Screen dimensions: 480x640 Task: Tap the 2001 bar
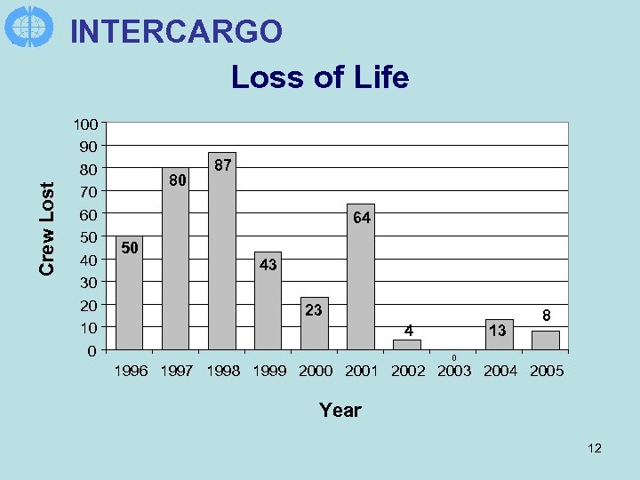(361, 284)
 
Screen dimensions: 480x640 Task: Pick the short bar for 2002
(407, 344)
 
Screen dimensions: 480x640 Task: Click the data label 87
(224, 165)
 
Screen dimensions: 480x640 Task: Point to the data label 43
(268, 265)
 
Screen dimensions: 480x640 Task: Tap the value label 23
(314, 310)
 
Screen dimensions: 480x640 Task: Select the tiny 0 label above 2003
(453, 357)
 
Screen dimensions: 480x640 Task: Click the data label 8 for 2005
(548, 316)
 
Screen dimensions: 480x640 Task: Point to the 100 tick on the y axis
(86, 124)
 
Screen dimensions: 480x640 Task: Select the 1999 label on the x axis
(269, 372)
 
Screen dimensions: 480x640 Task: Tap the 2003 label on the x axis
(454, 372)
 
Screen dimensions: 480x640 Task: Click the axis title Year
(340, 410)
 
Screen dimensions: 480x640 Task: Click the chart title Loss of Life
(320, 77)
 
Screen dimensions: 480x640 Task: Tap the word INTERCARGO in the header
(176, 31)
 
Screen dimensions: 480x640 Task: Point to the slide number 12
(595, 448)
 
